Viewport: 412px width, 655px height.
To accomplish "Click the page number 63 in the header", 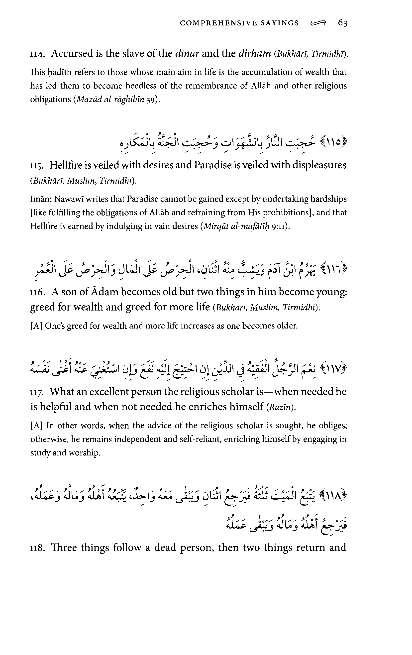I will click(343, 23).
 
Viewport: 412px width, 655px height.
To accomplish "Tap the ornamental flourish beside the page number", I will click(318, 24).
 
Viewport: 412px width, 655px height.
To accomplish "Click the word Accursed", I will click(72, 53).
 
